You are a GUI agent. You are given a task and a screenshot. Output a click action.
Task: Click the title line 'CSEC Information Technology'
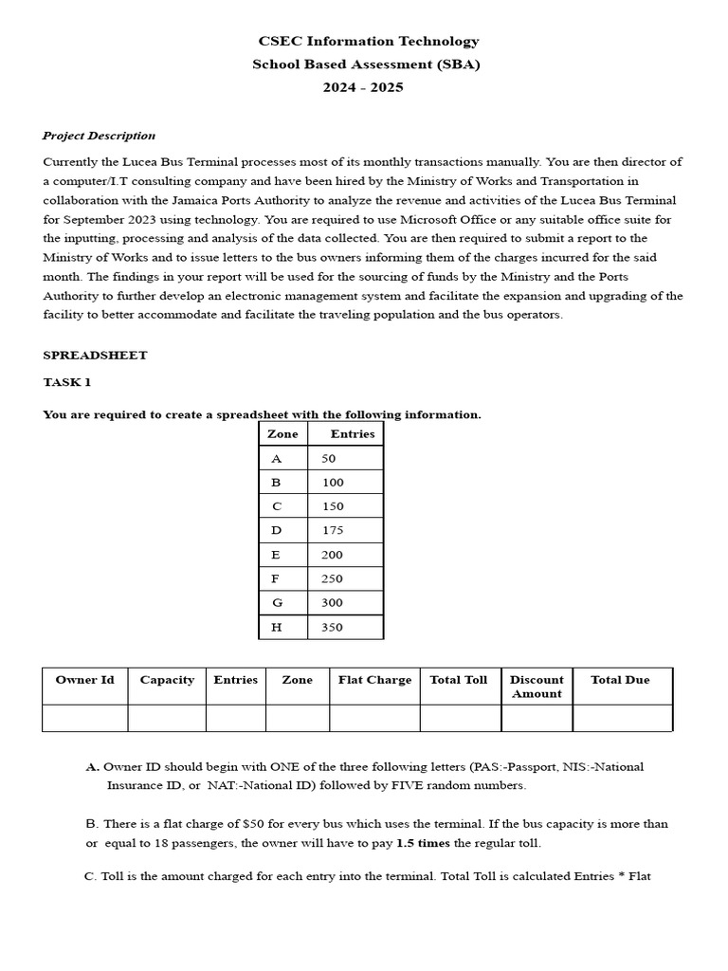pos(369,42)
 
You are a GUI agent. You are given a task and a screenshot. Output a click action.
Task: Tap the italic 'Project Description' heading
pos(99,136)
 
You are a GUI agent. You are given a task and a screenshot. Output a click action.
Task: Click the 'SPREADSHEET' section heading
pos(95,356)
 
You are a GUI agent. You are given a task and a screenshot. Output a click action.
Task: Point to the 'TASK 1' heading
pos(66,382)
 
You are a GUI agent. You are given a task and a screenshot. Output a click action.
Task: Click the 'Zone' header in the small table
pos(282,434)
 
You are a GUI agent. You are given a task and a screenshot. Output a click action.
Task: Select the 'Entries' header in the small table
pos(352,434)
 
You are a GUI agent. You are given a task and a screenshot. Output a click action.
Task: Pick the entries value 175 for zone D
pos(333,531)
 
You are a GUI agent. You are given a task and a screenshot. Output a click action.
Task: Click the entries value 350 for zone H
pos(333,628)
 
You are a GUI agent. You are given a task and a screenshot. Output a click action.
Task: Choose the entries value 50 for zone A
pos(329,459)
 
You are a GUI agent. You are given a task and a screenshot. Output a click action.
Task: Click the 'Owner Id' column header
pos(84,680)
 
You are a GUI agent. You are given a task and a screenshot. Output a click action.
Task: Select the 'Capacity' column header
pos(167,680)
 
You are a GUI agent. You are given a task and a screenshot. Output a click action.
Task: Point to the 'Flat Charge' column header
pos(374,680)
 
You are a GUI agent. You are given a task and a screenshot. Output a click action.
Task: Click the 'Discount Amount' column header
pos(537,687)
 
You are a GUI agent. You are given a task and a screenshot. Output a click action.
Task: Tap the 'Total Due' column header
pos(620,680)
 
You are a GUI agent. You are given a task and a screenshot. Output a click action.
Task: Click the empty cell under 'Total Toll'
pos(460,718)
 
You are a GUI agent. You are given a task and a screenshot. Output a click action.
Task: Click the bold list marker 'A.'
pos(92,766)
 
